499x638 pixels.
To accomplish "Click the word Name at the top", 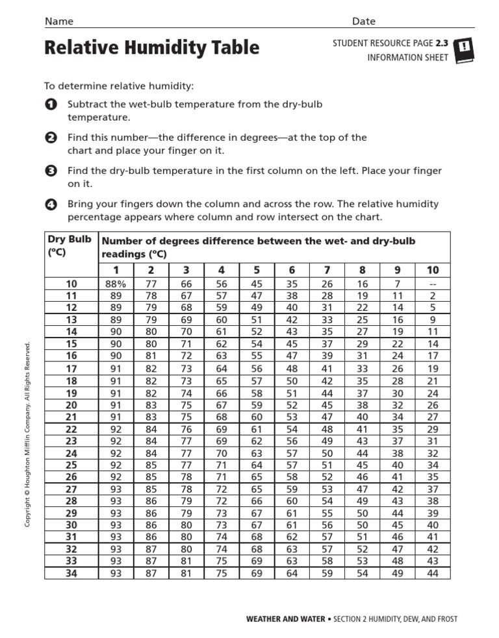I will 58,21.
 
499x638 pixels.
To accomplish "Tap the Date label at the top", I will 364,21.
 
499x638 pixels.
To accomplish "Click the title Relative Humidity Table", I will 151,48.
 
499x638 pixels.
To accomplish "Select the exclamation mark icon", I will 466,49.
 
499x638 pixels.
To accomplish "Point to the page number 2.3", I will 442,43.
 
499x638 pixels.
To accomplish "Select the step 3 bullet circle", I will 50,171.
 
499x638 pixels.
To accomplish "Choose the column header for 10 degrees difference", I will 433,270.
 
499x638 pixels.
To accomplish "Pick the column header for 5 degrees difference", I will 257,270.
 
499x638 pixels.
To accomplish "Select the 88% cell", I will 116,284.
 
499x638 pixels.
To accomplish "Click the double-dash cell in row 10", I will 433,284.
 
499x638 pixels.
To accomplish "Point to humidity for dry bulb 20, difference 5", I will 257,405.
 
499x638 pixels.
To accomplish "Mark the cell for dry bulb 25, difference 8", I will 363,465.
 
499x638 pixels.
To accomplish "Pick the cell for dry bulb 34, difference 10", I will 433,573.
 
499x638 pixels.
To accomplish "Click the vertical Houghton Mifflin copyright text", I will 28,435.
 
